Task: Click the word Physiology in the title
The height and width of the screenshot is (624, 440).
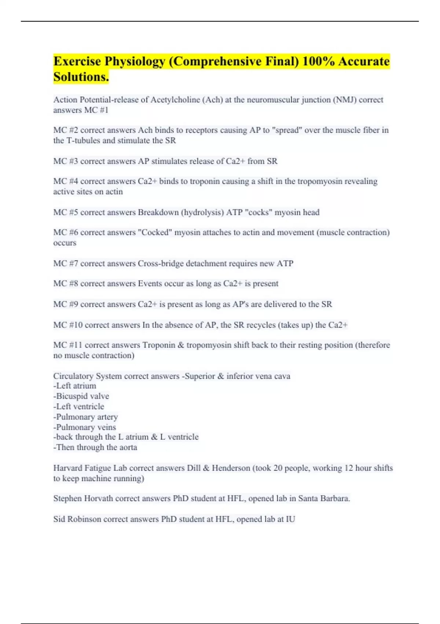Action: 135,61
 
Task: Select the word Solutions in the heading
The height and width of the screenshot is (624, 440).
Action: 80,77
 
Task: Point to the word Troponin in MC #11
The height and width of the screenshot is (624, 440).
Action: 158,345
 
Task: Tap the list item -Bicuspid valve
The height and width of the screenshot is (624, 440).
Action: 81,396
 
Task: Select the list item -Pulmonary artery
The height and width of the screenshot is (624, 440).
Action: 85,417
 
